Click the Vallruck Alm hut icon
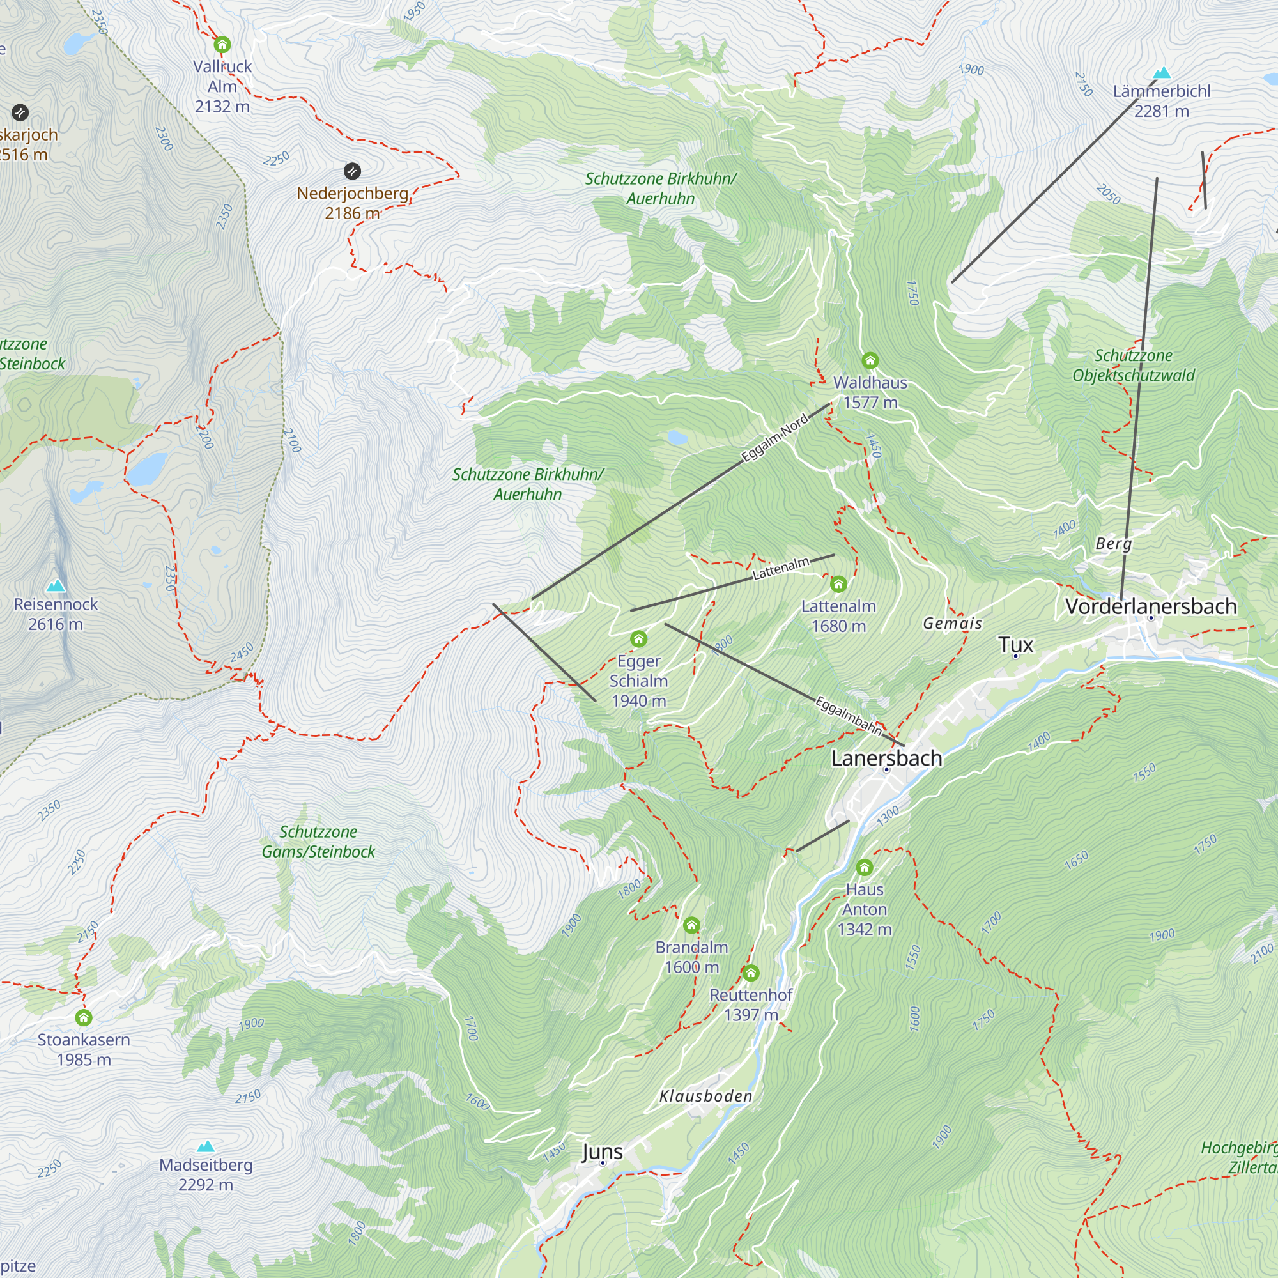(x=222, y=45)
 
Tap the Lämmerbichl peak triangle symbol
(x=1162, y=73)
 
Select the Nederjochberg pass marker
(x=353, y=171)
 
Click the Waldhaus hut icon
(x=870, y=360)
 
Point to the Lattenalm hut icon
(x=838, y=584)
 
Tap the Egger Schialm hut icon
(x=638, y=639)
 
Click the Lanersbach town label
(x=886, y=758)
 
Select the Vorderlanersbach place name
(x=1150, y=606)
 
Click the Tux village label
(x=1015, y=644)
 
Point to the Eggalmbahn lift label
(x=848, y=716)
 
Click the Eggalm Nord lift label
(x=774, y=438)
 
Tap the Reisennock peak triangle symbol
(x=56, y=585)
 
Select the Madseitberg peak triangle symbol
(x=206, y=1146)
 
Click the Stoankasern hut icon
(x=83, y=1017)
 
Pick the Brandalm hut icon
(x=691, y=925)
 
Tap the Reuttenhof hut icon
(x=750, y=973)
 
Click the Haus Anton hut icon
(x=864, y=868)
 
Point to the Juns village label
(x=602, y=1151)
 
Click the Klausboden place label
(x=706, y=1096)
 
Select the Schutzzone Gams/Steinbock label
(x=318, y=842)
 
